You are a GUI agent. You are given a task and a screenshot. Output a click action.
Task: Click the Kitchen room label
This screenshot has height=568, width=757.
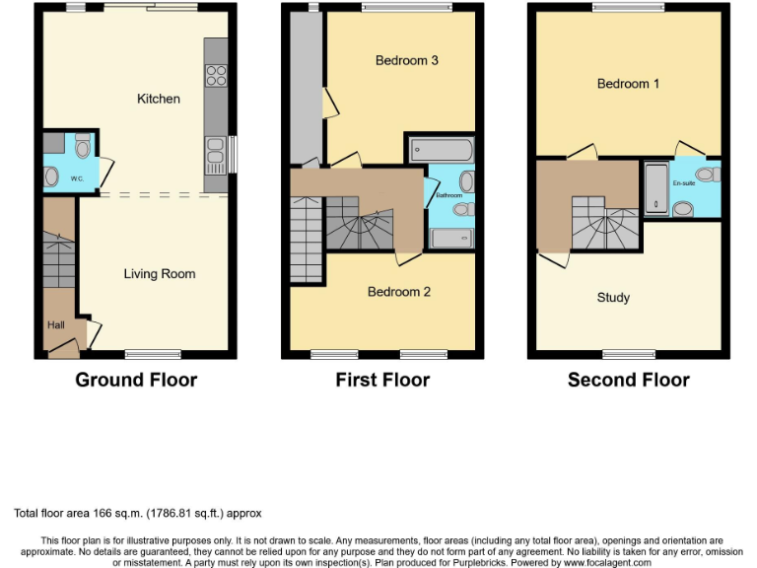pyautogui.click(x=159, y=99)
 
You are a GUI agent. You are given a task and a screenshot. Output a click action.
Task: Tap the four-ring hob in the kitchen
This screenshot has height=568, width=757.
pyautogui.click(x=215, y=75)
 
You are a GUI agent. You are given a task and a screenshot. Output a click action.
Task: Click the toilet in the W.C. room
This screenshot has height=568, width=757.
pyautogui.click(x=83, y=147)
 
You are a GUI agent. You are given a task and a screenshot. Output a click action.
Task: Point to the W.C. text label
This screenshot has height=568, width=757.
pyautogui.click(x=76, y=179)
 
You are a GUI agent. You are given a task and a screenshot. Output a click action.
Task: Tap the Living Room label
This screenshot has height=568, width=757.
pyautogui.click(x=159, y=274)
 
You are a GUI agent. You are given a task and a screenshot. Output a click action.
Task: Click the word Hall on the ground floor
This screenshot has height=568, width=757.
pyautogui.click(x=55, y=323)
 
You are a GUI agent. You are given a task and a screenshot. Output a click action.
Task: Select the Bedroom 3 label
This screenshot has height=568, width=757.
pyautogui.click(x=406, y=60)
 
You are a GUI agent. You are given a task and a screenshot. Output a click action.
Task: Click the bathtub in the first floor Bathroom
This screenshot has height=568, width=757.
pyautogui.click(x=441, y=151)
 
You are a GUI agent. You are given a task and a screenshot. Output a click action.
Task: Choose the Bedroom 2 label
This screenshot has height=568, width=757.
pyautogui.click(x=399, y=292)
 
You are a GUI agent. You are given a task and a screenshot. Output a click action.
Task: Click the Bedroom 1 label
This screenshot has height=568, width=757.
pyautogui.click(x=629, y=84)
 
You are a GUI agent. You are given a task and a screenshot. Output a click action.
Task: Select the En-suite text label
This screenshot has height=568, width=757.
pyautogui.click(x=684, y=183)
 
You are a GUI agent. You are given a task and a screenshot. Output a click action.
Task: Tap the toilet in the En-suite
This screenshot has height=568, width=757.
pyautogui.click(x=682, y=208)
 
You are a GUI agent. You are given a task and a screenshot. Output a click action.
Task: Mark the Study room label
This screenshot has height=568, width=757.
pyautogui.click(x=613, y=298)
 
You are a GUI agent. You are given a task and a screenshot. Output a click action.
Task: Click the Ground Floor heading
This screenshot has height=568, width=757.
pyautogui.click(x=136, y=380)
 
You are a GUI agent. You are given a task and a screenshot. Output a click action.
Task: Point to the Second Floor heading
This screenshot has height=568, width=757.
pyautogui.click(x=628, y=380)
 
